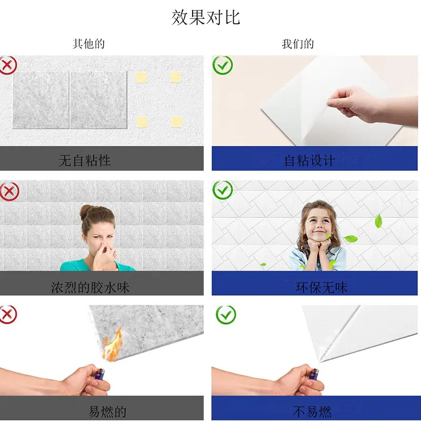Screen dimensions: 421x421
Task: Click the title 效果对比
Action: [x=206, y=17]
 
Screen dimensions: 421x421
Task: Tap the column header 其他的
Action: [x=88, y=44]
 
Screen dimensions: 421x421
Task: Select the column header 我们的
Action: [x=298, y=44]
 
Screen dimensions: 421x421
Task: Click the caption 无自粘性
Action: [x=85, y=161]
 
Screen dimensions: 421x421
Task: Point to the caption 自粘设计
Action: [x=309, y=161]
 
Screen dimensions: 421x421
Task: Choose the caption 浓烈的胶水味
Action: [x=91, y=287]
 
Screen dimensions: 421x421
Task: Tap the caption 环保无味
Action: [x=322, y=287]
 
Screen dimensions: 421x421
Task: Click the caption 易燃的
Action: [x=107, y=412]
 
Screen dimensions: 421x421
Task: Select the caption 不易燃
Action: [x=312, y=412]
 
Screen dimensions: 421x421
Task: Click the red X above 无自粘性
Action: [x=8, y=65]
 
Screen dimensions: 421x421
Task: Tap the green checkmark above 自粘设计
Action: [x=223, y=65]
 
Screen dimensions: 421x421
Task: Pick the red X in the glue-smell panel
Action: [x=9, y=191]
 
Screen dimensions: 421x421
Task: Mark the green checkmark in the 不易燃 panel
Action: [x=226, y=315]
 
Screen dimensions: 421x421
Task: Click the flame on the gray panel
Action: [x=113, y=346]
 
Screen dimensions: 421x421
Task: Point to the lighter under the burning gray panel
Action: [x=99, y=374]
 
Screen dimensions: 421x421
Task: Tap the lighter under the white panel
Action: [x=314, y=374]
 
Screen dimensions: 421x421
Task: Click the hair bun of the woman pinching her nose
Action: [x=86, y=212]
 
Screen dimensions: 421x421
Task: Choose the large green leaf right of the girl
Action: [x=378, y=220]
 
